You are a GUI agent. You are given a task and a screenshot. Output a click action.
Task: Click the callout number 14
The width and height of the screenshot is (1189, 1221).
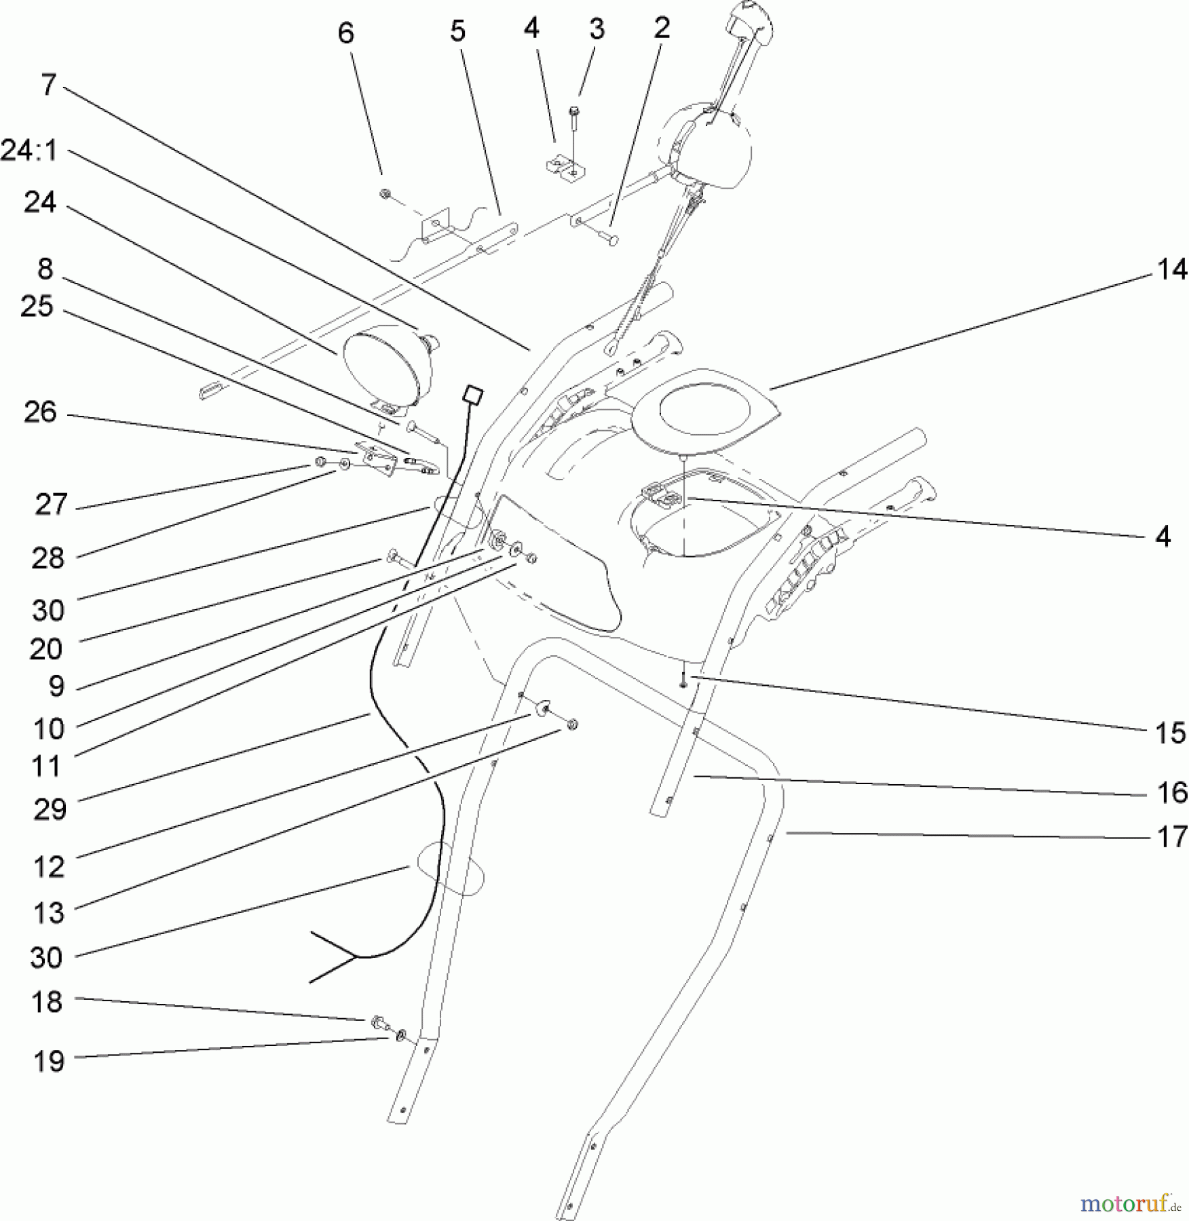1171,270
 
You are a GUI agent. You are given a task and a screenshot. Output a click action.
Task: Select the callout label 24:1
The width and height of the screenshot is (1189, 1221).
29,151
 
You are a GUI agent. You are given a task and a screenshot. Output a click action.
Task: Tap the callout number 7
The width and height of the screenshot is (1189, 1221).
48,85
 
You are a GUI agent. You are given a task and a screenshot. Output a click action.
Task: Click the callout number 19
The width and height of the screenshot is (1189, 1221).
48,1062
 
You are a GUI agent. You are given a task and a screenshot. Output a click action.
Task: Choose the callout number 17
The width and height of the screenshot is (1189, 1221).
1172,837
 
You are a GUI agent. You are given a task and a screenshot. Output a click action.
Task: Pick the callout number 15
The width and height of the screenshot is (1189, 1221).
1171,733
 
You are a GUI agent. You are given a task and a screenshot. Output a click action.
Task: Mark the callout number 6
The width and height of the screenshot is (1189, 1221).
346,33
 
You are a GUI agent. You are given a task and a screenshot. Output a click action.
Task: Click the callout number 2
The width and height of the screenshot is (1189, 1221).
662,28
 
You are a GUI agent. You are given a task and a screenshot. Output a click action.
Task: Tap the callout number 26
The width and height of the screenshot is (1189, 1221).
40,412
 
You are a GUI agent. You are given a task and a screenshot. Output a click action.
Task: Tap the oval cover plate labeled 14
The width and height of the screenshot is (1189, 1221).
705,410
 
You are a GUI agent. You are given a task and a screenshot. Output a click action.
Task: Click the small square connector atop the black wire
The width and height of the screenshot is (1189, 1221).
473,395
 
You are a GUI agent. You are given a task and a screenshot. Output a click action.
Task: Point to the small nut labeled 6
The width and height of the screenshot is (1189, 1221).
385,194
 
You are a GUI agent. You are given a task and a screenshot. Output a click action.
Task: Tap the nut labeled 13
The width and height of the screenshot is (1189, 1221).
572,725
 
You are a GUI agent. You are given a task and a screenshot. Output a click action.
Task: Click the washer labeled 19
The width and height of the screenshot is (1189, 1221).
401,1035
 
